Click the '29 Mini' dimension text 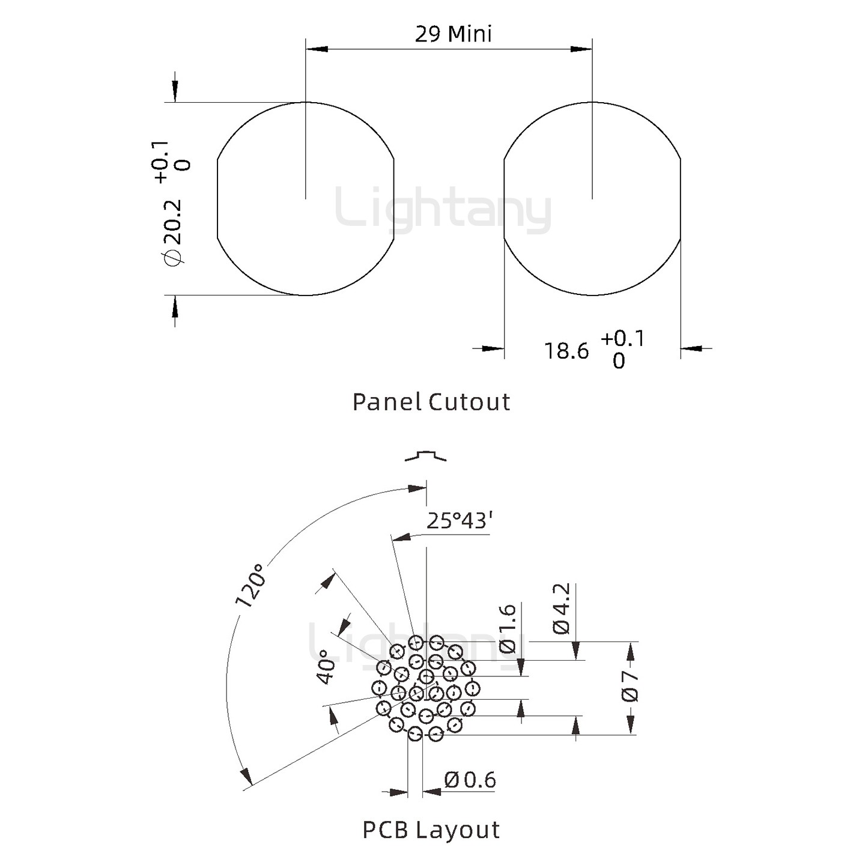pos(453,34)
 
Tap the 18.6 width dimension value pos(566,351)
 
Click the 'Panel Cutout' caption pos(431,402)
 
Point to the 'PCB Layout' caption pos(431,830)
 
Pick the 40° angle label pos(326,667)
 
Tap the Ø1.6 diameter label pos(508,629)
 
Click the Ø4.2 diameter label pos(560,609)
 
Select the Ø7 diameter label pos(630,687)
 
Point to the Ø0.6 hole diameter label pos(470,780)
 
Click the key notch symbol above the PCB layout pos(426,455)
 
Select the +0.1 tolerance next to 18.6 pos(622,339)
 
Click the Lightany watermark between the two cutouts pos(443,210)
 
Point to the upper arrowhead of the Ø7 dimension pos(630,651)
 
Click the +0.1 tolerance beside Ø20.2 pos(162,162)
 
